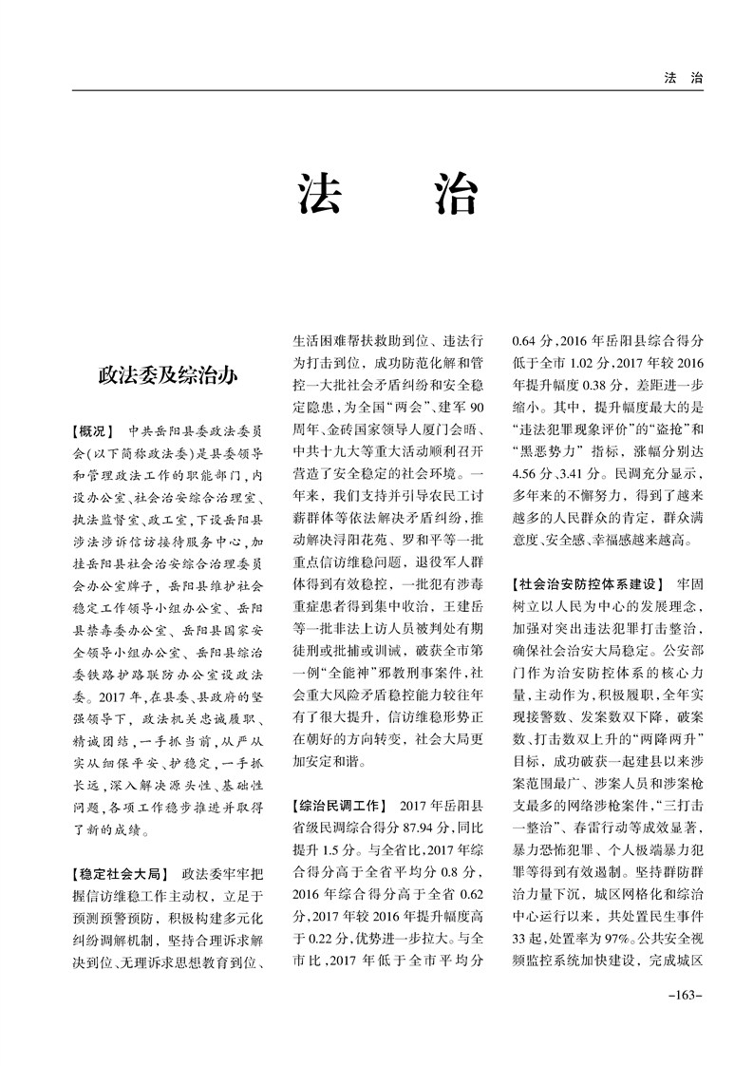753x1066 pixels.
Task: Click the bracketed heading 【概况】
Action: (91, 429)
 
